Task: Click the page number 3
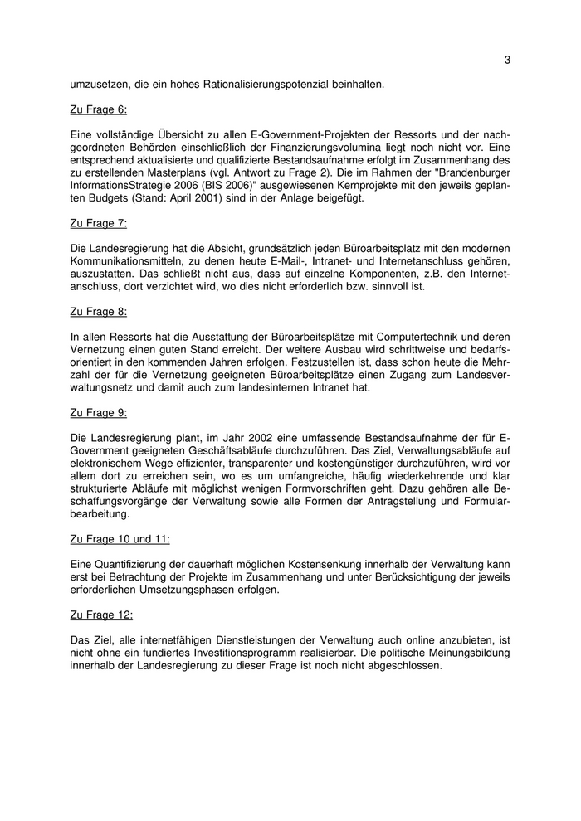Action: [x=507, y=60]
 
